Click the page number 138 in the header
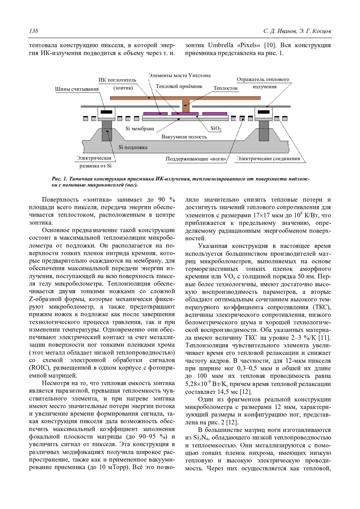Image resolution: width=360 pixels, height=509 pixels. click(33, 31)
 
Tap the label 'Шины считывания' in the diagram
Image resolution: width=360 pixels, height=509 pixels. click(77, 89)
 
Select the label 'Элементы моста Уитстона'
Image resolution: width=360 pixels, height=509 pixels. click(179, 75)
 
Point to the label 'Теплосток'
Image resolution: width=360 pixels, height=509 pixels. click(226, 88)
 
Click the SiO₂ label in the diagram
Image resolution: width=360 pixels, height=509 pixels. click(216, 129)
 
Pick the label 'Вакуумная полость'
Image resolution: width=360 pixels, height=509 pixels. click(184, 137)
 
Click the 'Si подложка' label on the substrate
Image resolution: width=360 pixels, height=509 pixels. click(133, 147)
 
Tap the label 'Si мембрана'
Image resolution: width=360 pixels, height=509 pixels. click(139, 129)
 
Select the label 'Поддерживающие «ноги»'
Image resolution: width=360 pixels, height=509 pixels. click(196, 159)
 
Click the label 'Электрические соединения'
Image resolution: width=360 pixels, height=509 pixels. click(268, 159)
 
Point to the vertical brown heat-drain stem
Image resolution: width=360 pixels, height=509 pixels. click(186, 106)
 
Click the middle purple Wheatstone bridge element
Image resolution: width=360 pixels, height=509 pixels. click(185, 114)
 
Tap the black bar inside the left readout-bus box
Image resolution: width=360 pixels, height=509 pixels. click(106, 112)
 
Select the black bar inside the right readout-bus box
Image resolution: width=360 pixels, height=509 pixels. click(263, 112)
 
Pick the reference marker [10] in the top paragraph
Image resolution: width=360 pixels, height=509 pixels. click(270, 45)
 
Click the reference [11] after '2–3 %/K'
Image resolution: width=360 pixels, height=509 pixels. click(324, 338)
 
